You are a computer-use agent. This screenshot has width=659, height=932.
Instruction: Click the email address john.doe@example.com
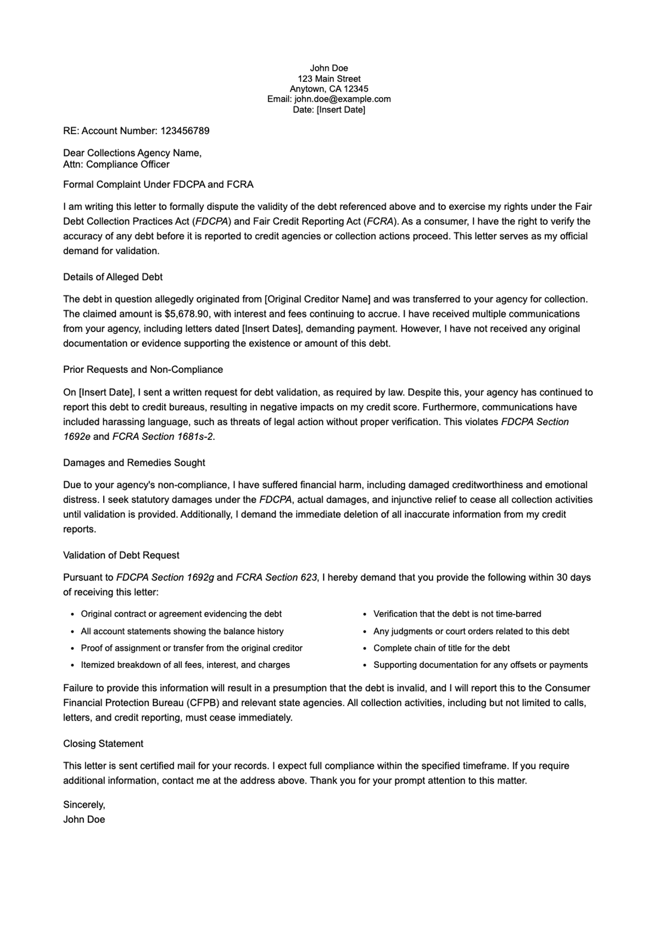[342, 99]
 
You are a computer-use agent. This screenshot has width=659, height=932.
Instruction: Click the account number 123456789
[185, 131]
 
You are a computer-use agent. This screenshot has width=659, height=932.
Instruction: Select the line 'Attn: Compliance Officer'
[116, 164]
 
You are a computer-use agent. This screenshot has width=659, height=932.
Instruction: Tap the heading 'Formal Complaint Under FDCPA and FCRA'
[158, 185]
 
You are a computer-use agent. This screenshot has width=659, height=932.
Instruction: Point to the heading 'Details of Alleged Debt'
[113, 277]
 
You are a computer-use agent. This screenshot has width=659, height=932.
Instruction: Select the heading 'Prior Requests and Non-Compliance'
[143, 370]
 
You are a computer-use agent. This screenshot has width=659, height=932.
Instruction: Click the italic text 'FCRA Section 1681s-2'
[163, 437]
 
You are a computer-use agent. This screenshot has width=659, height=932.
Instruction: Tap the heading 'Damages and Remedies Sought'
[134, 462]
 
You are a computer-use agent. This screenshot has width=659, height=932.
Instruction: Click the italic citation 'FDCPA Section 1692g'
[165, 577]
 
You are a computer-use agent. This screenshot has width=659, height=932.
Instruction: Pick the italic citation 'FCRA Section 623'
[276, 577]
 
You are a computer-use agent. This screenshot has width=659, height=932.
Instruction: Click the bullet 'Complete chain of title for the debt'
[441, 648]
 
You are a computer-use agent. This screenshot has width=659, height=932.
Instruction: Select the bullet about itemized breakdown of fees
[185, 665]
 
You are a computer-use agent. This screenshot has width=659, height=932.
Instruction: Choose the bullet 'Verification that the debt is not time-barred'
[457, 613]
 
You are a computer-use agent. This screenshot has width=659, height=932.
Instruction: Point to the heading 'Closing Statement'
[103, 744]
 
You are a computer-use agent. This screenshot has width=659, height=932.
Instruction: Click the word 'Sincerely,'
[84, 805]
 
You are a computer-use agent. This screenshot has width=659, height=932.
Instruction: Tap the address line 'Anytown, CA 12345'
[329, 89]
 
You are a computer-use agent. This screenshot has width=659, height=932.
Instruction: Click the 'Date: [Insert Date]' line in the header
[329, 109]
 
